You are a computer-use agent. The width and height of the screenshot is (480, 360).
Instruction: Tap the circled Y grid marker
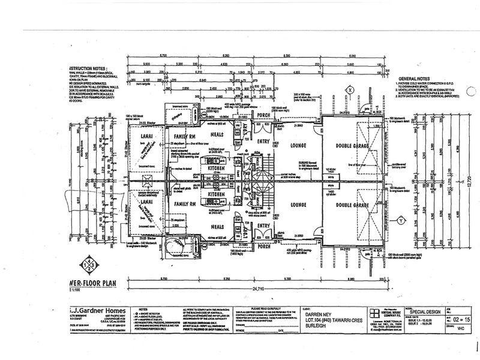coord(400,219)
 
